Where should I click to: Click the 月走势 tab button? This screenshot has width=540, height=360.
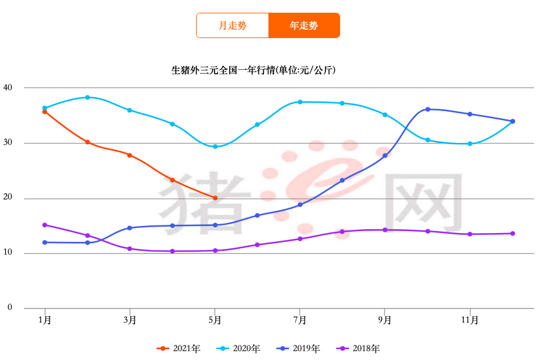(x=232, y=25)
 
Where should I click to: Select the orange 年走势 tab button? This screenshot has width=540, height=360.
(x=304, y=25)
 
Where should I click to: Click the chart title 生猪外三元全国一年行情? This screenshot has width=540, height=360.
(x=253, y=70)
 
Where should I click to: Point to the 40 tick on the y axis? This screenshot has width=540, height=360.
(x=8, y=88)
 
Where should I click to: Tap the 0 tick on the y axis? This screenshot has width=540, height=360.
(x=10, y=308)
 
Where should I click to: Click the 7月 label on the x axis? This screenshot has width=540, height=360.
(x=300, y=320)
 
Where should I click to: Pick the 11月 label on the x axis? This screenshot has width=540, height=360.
(x=470, y=320)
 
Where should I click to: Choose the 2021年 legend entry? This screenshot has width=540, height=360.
(x=179, y=348)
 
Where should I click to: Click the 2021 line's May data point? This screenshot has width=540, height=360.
(x=215, y=198)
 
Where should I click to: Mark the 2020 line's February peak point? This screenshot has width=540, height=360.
(x=88, y=97)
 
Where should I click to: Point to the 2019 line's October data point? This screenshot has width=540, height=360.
(x=428, y=109)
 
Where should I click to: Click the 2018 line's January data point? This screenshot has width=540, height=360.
(x=45, y=225)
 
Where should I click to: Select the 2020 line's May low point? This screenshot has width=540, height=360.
(x=215, y=147)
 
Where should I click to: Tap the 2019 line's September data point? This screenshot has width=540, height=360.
(x=385, y=156)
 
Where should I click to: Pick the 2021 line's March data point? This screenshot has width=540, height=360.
(x=130, y=155)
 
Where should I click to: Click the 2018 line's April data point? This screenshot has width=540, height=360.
(x=173, y=251)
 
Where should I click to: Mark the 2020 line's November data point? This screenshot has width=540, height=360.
(x=470, y=143)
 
